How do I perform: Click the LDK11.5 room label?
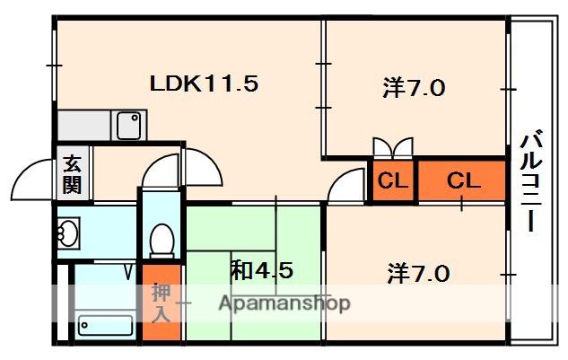coord(204,84)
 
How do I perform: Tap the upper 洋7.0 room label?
coord(414,89)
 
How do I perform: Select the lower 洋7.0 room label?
coord(418,271)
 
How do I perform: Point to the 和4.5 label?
coord(262,269)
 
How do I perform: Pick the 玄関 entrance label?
coord(72,175)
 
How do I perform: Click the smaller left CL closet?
coord(392,180)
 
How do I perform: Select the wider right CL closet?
coord(463,180)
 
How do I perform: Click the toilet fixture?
coord(162,240)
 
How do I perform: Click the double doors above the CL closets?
coord(393,147)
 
